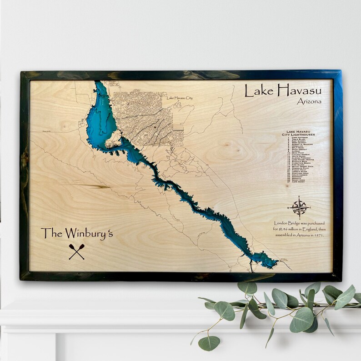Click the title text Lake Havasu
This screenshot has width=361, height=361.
pos(283,90)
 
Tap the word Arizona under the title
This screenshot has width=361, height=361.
pos(309,101)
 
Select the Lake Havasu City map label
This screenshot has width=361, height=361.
pos(180,98)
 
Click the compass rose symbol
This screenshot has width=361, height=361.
pos(299,207)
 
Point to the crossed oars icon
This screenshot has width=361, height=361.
pos(76,251)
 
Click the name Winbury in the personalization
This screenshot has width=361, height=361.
pos(89,233)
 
